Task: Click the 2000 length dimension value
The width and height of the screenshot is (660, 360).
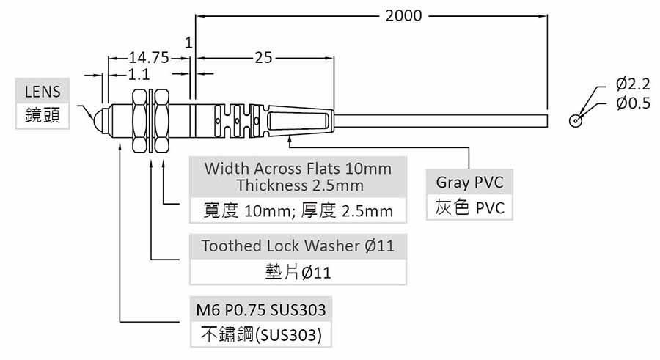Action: point(404,15)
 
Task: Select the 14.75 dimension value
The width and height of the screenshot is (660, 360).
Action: point(150,57)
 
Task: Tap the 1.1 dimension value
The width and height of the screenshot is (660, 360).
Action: point(139,74)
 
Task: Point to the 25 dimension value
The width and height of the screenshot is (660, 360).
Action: point(263,57)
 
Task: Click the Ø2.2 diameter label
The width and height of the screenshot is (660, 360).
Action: point(633,84)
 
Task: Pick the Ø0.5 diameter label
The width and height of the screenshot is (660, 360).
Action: point(633,103)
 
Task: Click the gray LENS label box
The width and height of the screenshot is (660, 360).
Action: point(43,92)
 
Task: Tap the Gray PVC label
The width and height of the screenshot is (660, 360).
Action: point(469,183)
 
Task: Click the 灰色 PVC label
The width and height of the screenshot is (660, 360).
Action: point(469,208)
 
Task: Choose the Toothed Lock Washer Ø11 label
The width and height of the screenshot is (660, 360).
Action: point(298,246)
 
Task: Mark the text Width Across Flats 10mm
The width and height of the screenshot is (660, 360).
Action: point(298,168)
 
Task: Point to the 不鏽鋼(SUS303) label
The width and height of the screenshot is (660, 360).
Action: point(261,335)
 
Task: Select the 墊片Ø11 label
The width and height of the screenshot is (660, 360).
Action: point(298,273)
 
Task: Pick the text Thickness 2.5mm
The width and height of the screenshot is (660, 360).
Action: point(298,185)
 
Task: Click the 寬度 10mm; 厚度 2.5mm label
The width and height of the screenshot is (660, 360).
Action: point(298,212)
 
